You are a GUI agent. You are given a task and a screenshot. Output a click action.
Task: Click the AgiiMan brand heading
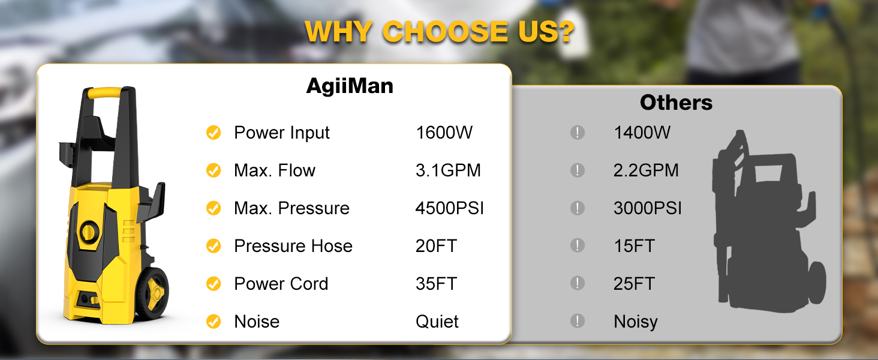(350, 86)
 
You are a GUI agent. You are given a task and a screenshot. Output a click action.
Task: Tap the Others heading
(676, 103)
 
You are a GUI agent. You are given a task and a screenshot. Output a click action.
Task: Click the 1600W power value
(444, 133)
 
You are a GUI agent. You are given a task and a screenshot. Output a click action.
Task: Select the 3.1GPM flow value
(448, 170)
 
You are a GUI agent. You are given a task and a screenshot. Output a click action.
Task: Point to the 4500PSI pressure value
(450, 208)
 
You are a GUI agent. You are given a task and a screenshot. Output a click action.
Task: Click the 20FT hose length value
(436, 246)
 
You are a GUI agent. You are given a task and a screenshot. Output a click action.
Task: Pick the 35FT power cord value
(436, 284)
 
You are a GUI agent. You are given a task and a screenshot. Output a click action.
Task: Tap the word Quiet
(437, 322)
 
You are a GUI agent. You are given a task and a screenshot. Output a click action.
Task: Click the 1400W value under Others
(642, 133)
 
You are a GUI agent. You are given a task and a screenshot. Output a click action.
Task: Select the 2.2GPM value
(646, 170)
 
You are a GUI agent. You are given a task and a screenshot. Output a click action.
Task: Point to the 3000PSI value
(648, 208)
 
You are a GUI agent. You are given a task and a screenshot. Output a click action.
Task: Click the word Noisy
(635, 322)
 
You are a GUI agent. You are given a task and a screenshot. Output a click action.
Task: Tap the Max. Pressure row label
(291, 208)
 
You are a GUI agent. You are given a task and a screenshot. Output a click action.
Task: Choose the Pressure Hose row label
(293, 246)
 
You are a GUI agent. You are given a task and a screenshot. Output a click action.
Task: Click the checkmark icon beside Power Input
(214, 133)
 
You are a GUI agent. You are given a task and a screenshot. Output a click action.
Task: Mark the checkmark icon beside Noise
(214, 322)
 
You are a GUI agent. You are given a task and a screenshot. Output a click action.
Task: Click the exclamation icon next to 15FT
(578, 245)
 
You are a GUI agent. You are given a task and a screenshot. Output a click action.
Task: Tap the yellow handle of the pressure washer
(104, 92)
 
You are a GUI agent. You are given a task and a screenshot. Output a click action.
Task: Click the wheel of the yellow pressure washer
(152, 292)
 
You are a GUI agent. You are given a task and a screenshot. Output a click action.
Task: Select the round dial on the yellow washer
(89, 232)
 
